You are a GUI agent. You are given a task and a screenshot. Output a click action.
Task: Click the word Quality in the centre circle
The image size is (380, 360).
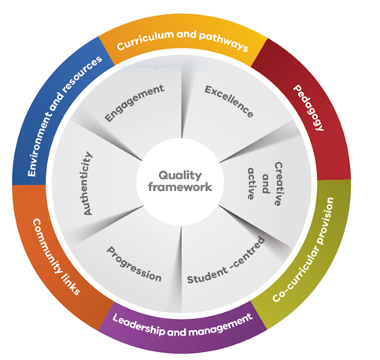(180, 176)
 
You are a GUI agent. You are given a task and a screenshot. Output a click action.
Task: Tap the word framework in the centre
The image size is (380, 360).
(180, 187)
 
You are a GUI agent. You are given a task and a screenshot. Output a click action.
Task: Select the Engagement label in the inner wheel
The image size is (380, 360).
(135, 103)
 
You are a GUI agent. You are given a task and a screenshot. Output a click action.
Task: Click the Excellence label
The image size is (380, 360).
(229, 101)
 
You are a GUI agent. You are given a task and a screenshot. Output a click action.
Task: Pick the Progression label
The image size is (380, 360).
(134, 264)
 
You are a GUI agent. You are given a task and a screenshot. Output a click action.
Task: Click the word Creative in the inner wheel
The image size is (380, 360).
(278, 184)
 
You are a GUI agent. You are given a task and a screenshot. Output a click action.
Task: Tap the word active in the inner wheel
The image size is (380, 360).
(251, 184)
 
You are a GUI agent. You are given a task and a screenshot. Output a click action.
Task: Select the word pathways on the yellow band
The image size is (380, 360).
(223, 42)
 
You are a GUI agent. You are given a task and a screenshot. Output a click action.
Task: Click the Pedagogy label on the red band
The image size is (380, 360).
(308, 108)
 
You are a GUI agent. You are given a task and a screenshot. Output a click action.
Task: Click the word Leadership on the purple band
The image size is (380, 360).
(138, 325)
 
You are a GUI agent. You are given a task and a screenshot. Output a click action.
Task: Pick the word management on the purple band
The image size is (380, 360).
(221, 325)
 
